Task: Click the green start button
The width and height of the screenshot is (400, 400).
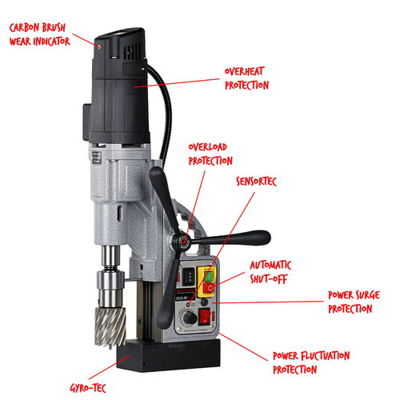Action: [x=210, y=276]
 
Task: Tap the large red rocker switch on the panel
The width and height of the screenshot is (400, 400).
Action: [x=205, y=317]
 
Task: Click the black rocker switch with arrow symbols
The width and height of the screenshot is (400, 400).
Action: [x=189, y=277]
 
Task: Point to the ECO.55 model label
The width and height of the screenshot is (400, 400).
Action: [x=182, y=298]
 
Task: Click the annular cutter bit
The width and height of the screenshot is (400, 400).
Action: [x=110, y=327]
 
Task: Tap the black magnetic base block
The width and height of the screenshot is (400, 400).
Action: [x=169, y=354]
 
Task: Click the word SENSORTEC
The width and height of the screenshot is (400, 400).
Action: [x=256, y=182]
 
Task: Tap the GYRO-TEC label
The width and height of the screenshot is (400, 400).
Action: [x=88, y=388]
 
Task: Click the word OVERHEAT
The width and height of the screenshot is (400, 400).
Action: [x=245, y=71]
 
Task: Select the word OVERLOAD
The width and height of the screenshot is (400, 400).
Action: [x=208, y=147]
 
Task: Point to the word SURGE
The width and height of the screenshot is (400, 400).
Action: [x=366, y=295]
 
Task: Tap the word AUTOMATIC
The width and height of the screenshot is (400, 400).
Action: [x=270, y=266]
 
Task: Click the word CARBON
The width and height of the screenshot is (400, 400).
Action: [x=25, y=27]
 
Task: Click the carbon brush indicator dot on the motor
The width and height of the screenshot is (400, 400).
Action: [x=99, y=47]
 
